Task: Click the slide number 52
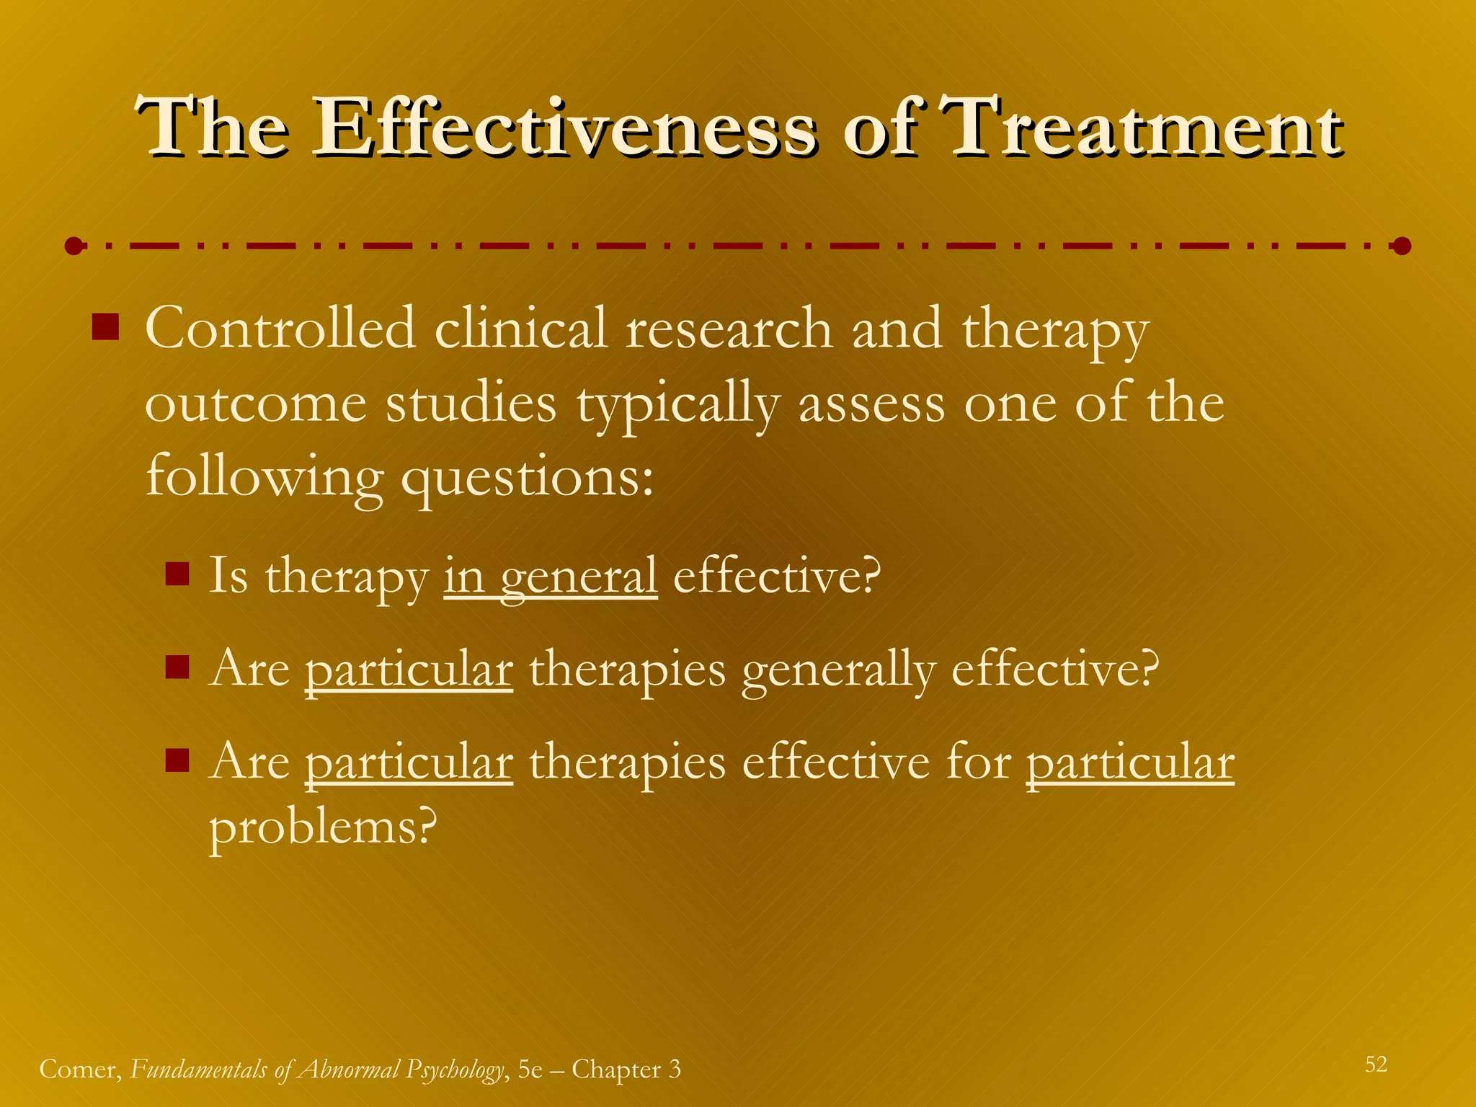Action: tap(1376, 1064)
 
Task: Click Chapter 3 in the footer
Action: tap(626, 1070)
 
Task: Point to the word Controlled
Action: tap(280, 329)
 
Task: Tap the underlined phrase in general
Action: tap(550, 577)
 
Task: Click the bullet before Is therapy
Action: tap(177, 574)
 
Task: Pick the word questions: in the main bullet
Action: tap(527, 479)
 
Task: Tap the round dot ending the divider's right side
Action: tap(1401, 246)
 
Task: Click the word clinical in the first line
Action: tap(521, 329)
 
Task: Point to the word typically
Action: tap(677, 405)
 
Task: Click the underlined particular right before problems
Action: tap(1129, 763)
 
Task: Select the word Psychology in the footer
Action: tap(453, 1070)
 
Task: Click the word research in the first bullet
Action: tap(729, 329)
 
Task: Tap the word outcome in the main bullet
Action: tap(256, 405)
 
